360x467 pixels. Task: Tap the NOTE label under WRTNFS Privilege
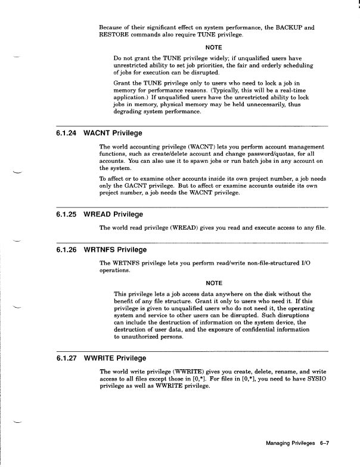tap(213, 282)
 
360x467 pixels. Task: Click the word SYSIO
tap(316, 379)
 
